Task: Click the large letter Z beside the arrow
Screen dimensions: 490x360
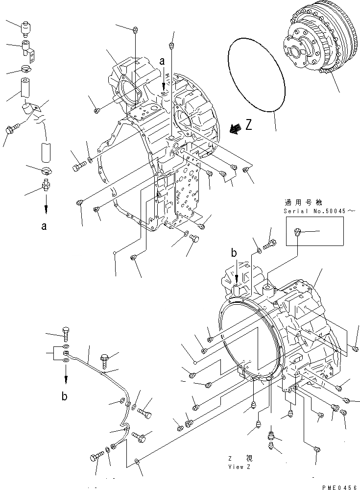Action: pyautogui.click(x=249, y=126)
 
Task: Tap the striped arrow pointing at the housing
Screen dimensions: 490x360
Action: pyautogui.click(x=236, y=128)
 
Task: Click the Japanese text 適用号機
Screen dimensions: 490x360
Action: pyautogui.click(x=299, y=202)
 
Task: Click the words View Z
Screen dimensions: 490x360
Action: pyautogui.click(x=240, y=466)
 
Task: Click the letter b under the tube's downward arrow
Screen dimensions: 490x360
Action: pyautogui.click(x=65, y=397)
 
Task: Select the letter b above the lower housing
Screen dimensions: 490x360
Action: pyautogui.click(x=234, y=253)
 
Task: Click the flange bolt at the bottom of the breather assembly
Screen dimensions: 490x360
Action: pyautogui.click(x=10, y=130)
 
